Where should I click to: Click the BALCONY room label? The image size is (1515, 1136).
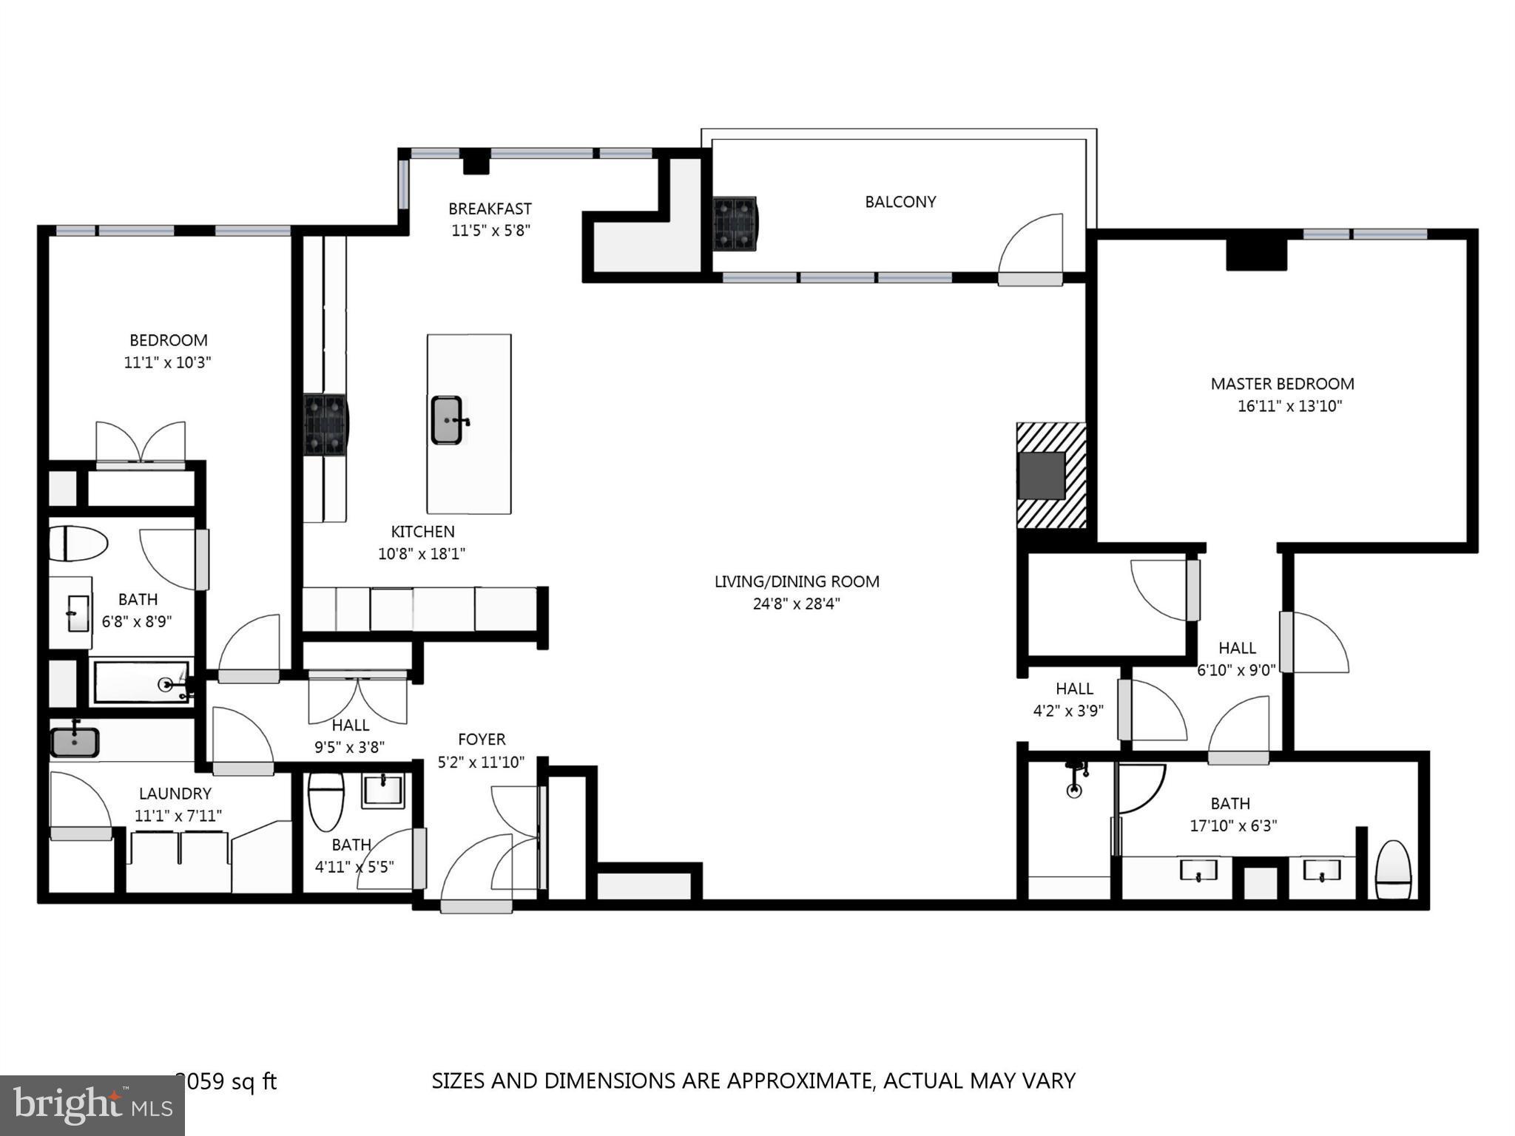tap(900, 202)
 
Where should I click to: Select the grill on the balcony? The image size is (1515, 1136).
tap(735, 223)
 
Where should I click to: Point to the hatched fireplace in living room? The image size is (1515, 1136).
tap(1050, 476)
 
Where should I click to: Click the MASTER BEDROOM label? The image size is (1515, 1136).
tap(1282, 384)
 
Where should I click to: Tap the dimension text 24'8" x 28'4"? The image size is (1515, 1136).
tap(796, 603)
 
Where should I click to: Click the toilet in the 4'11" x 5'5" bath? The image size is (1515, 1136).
tap(325, 802)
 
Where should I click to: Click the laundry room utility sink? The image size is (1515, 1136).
tap(75, 742)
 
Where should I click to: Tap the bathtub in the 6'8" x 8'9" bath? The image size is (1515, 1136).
tap(141, 683)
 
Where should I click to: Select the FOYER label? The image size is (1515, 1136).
tap(482, 740)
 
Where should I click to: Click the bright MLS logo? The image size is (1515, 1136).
tap(92, 1105)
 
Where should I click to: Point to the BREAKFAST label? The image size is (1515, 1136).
tap(490, 209)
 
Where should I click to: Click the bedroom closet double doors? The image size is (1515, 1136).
tap(141, 444)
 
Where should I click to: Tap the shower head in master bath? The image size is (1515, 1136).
tap(1075, 781)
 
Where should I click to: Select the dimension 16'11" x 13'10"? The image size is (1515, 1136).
tap(1289, 406)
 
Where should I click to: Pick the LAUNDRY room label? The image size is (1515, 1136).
tap(175, 794)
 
